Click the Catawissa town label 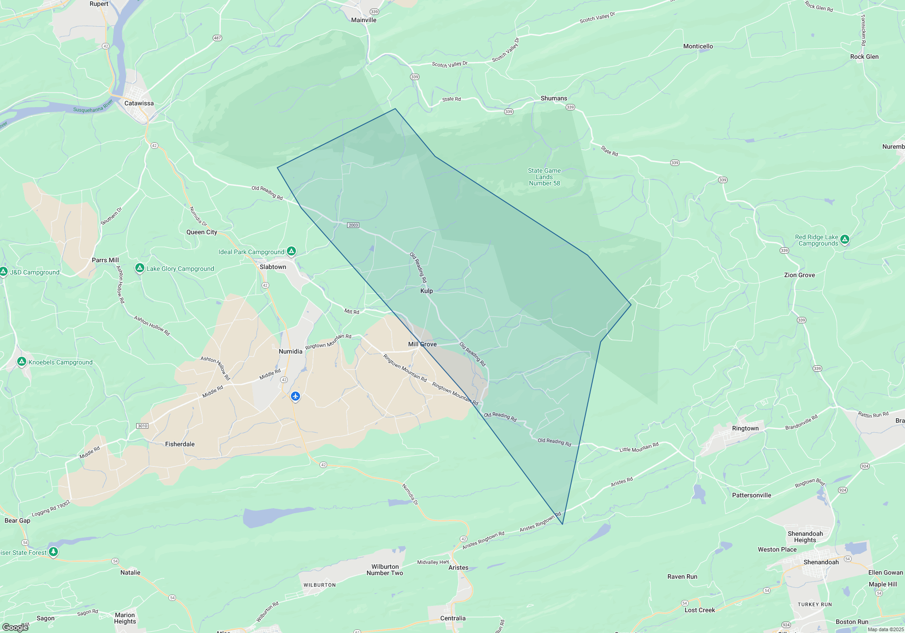pyautogui.click(x=139, y=103)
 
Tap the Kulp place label pyautogui.click(x=426, y=291)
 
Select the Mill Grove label pyautogui.click(x=422, y=344)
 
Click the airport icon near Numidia pyautogui.click(x=295, y=396)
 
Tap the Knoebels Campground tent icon pyautogui.click(x=21, y=362)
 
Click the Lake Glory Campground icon pyautogui.click(x=140, y=268)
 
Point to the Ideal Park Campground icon pyautogui.click(x=291, y=251)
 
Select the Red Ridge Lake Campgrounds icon pyautogui.click(x=844, y=239)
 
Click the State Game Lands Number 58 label pyautogui.click(x=544, y=177)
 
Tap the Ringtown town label pyautogui.click(x=745, y=428)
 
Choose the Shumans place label pyautogui.click(x=553, y=98)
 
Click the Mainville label pyautogui.click(x=363, y=20)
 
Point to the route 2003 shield pyautogui.click(x=353, y=225)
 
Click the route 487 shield pyautogui.click(x=217, y=38)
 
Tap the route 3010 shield pyautogui.click(x=142, y=426)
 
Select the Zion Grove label pyautogui.click(x=799, y=275)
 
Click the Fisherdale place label pyautogui.click(x=180, y=444)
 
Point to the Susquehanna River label pyautogui.click(x=93, y=107)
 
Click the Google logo pyautogui.click(x=15, y=627)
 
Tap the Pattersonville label pyautogui.click(x=751, y=495)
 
